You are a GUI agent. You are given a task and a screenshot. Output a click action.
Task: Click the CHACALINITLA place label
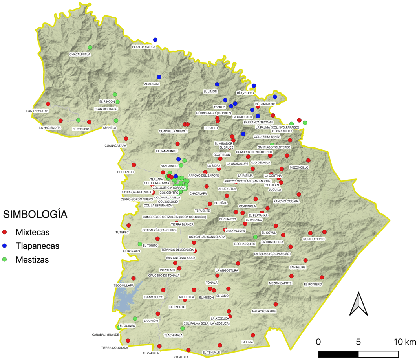click(x=80, y=54)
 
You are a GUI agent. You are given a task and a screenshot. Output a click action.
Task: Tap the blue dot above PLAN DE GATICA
click(x=155, y=40)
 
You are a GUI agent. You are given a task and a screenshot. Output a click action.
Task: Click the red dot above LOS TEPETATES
click(x=48, y=104)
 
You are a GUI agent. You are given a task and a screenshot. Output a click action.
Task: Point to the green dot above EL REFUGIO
click(x=78, y=120)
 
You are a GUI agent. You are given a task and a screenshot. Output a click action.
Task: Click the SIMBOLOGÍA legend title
click(x=35, y=215)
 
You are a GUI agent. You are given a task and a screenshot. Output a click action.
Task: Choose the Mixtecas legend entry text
click(x=33, y=232)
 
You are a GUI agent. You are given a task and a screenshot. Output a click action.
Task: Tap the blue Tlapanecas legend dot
click(x=5, y=246)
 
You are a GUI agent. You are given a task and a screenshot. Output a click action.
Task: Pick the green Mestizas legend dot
click(x=5, y=259)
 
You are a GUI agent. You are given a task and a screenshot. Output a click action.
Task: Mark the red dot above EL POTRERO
click(x=322, y=277)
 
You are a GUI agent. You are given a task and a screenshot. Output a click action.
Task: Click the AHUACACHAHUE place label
click(x=264, y=311)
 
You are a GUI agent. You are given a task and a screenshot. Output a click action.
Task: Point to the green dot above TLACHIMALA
click(x=182, y=328)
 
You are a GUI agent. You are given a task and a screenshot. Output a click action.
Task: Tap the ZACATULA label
click(x=181, y=357)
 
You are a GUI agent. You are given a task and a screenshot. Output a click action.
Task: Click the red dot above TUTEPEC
click(x=128, y=225)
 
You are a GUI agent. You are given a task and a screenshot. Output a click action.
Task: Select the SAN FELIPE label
click(x=297, y=267)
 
